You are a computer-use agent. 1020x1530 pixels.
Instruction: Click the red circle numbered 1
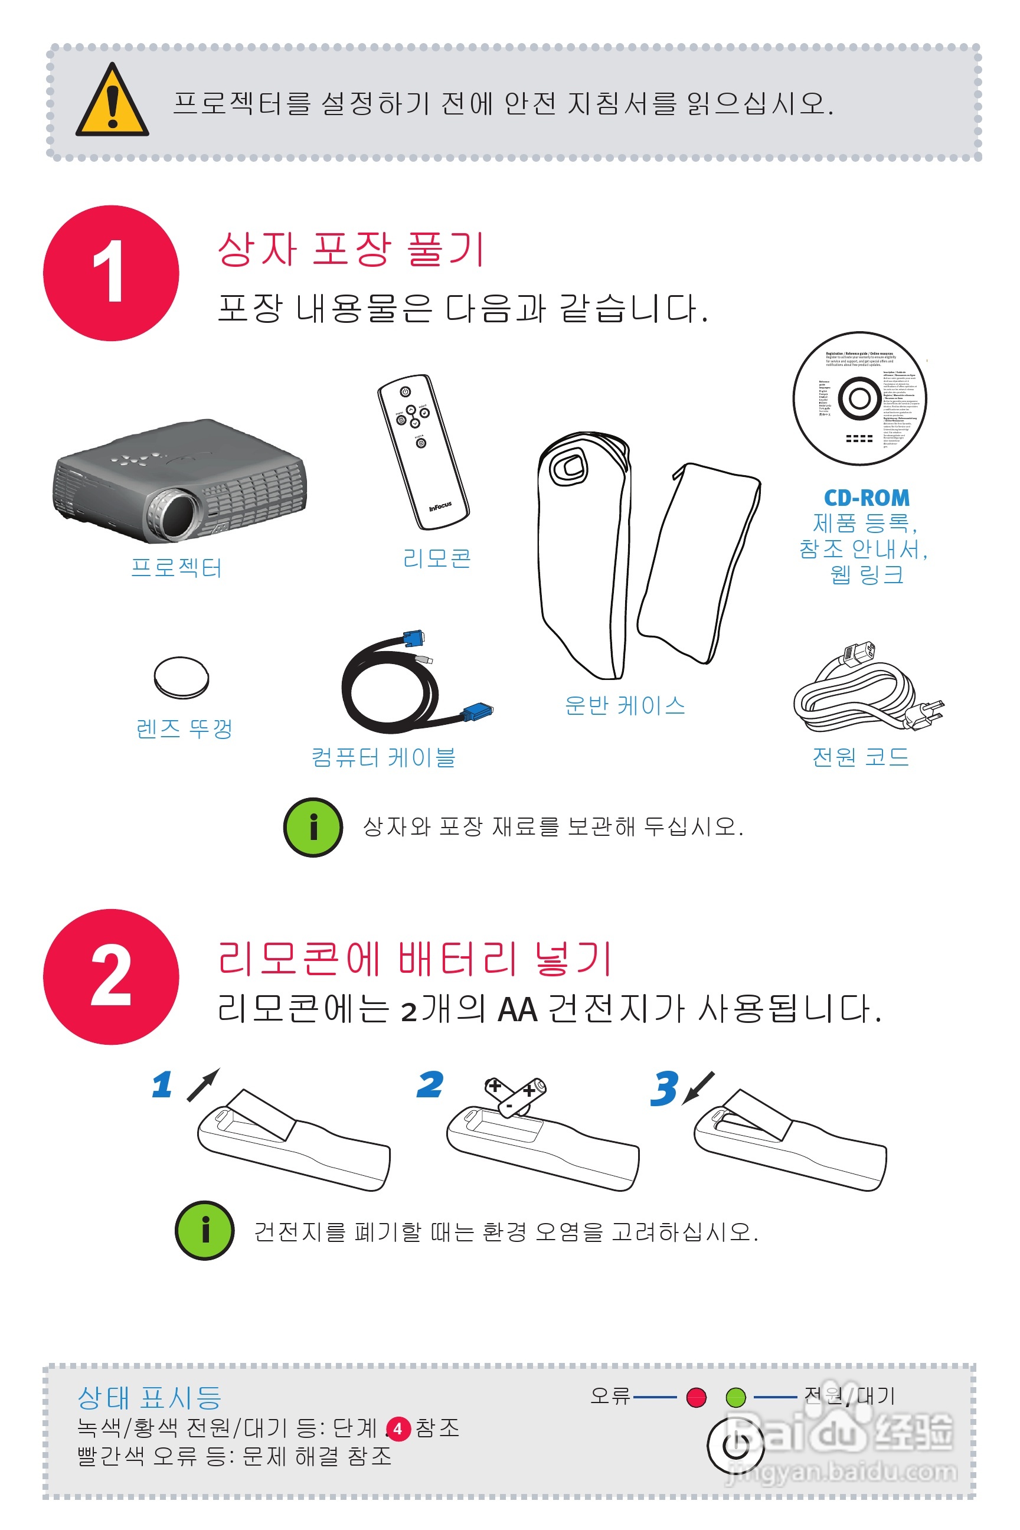110,273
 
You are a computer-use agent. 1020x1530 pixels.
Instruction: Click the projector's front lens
176,514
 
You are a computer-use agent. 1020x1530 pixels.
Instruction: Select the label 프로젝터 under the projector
176,568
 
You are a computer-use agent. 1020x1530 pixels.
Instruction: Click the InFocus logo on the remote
440,506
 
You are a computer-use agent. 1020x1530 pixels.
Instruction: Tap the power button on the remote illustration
406,391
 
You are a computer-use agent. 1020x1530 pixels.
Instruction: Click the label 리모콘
436,558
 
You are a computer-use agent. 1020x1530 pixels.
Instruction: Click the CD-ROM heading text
866,498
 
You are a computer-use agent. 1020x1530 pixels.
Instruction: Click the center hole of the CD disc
859,398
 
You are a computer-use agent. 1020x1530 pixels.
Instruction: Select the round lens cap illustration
181,677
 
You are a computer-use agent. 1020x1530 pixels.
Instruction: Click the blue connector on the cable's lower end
478,711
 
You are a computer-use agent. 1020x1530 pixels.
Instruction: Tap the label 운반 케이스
625,705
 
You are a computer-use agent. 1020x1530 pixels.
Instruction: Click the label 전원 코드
860,757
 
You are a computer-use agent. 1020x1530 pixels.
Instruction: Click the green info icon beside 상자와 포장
313,827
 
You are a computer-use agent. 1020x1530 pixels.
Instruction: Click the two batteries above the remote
516,1096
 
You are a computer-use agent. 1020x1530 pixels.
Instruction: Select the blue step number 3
664,1088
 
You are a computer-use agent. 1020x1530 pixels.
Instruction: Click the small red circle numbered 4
398,1429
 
